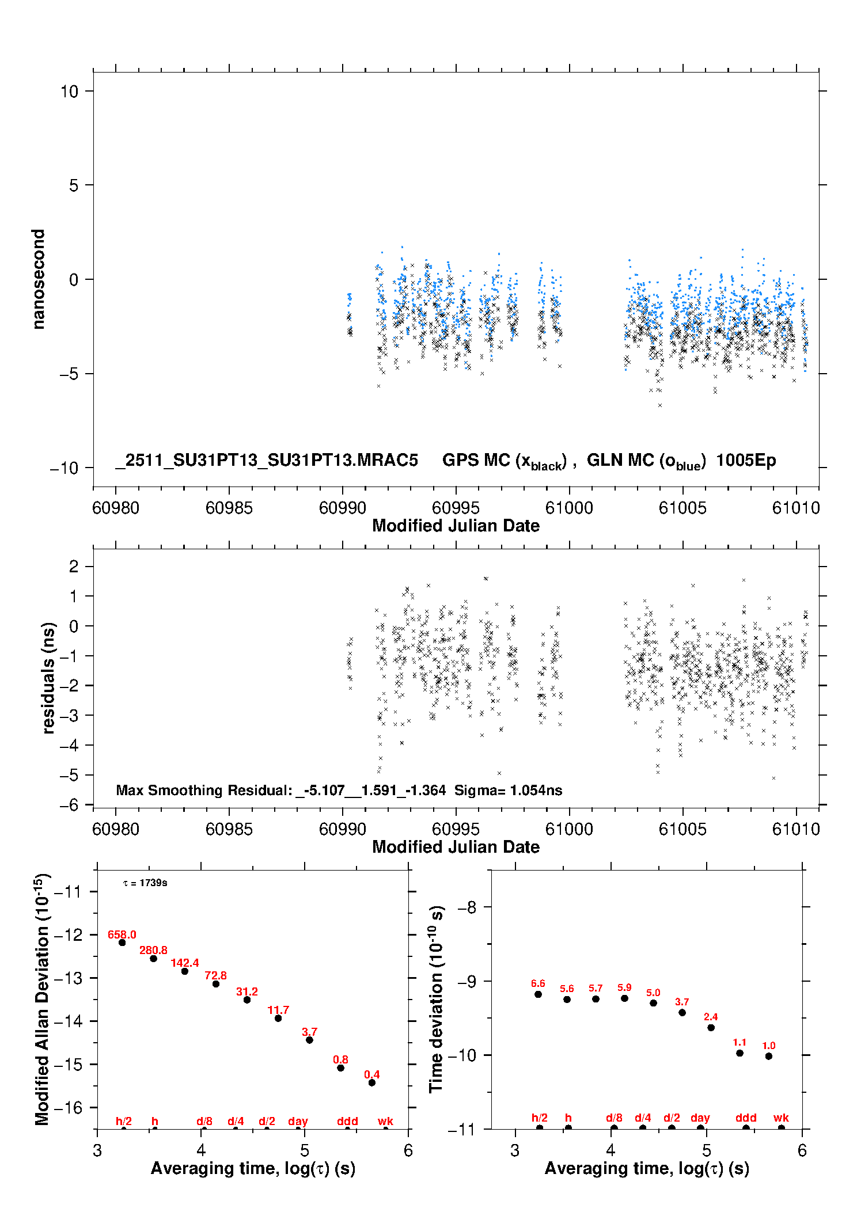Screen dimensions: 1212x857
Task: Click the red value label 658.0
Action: pos(122,934)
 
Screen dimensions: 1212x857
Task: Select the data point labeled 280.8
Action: pos(153,959)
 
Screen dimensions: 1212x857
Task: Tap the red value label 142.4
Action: pos(184,963)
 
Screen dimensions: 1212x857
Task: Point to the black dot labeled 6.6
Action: pos(538,994)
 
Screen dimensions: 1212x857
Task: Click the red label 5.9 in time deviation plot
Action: pos(624,987)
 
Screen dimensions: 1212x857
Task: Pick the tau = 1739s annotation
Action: pos(145,883)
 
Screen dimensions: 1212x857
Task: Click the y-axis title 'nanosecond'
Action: pos(38,279)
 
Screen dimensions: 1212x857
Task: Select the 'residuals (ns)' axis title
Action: pos(48,678)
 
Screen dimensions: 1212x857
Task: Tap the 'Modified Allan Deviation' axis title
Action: pos(42,999)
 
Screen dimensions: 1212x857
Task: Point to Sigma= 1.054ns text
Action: pos(508,790)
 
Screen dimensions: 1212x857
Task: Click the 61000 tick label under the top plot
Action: pos(569,508)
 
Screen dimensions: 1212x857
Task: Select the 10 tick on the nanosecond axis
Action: pos(69,91)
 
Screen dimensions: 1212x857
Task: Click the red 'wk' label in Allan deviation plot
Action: pos(385,1121)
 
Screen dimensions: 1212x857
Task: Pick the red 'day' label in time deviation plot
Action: pos(700,1118)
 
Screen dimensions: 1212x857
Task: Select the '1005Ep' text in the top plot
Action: pos(746,460)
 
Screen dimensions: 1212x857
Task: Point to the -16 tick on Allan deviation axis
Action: pos(67,1107)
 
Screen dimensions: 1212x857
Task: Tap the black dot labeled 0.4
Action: pos(371,1082)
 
